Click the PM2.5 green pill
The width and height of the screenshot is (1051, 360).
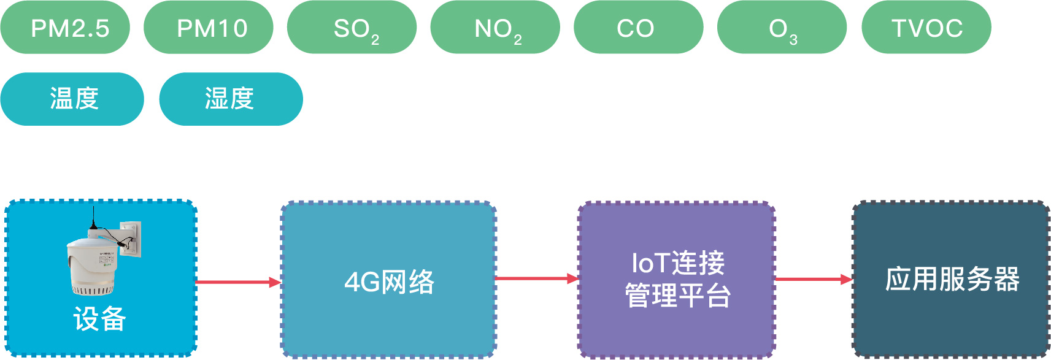(65, 28)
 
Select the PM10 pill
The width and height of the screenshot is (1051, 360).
(209, 28)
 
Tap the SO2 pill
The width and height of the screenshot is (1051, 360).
(352, 28)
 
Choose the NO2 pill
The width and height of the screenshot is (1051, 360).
(495, 28)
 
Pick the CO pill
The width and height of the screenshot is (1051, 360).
(638, 28)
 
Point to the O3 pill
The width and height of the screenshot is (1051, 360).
(782, 28)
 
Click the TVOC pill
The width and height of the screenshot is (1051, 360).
(926, 28)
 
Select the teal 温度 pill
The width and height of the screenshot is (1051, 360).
(72, 99)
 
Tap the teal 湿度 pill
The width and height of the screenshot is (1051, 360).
(231, 99)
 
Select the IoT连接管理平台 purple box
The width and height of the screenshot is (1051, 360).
(677, 280)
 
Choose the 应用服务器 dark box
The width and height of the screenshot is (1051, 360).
(951, 279)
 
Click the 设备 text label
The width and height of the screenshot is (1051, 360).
(99, 319)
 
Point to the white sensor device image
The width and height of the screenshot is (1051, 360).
(92, 261)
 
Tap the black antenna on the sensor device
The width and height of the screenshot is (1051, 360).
(93, 218)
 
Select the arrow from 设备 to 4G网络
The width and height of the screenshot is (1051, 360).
(238, 282)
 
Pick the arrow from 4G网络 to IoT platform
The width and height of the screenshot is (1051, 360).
(536, 278)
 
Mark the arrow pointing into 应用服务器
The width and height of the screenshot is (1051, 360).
(814, 279)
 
